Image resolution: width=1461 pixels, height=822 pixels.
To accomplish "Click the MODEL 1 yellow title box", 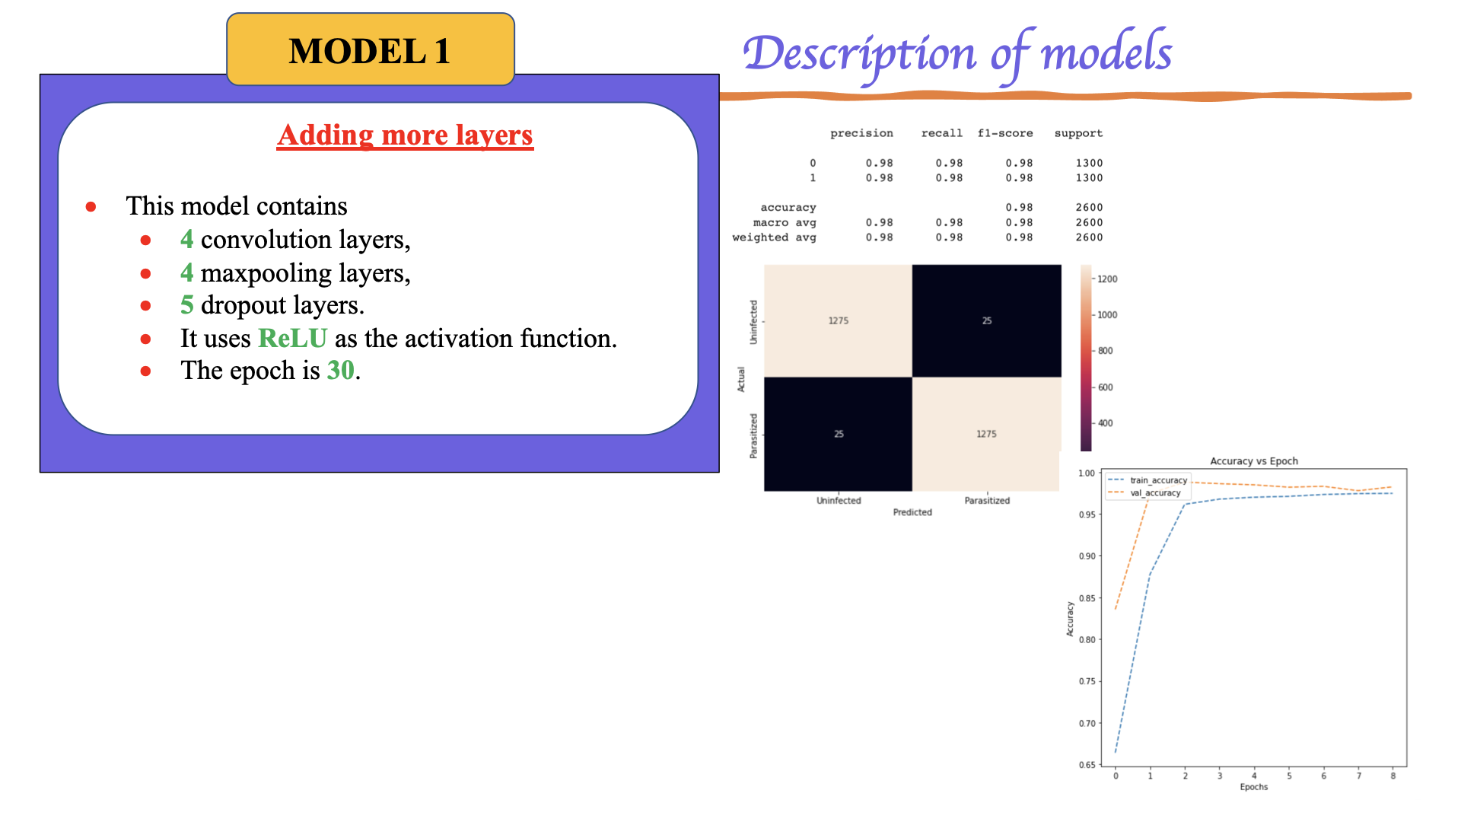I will pos(370,50).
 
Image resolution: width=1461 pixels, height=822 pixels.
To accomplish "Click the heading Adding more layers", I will pos(405,135).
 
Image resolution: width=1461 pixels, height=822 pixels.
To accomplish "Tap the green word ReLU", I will pos(292,338).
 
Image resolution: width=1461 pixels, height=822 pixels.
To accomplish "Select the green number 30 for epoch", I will pos(340,371).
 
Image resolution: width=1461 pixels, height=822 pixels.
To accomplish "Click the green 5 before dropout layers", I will pos(186,305).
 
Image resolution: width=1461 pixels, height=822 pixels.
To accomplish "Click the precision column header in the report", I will pos(861,133).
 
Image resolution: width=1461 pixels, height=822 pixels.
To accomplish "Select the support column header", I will pos(1078,133).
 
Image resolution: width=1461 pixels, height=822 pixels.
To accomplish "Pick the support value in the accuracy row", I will pos(1089,207).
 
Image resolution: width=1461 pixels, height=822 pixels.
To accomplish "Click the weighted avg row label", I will pos(774,237).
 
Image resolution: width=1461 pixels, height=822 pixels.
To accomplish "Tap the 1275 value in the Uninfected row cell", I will pos(838,320).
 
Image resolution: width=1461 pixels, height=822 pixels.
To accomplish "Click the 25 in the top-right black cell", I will pos(986,320).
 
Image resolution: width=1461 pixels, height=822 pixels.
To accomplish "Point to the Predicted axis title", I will pos(912,512).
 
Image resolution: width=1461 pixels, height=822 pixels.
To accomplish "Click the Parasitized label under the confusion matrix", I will pos(987,500).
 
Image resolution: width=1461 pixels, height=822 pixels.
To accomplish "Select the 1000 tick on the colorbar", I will pos(1107,314).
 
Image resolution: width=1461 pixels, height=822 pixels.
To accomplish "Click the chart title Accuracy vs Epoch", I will pos(1254,461).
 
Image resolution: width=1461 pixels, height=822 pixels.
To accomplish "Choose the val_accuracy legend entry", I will pos(1154,493).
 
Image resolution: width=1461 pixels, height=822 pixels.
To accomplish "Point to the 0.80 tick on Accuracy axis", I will pos(1087,639).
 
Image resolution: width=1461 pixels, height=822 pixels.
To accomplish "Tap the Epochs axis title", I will pos(1253,787).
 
